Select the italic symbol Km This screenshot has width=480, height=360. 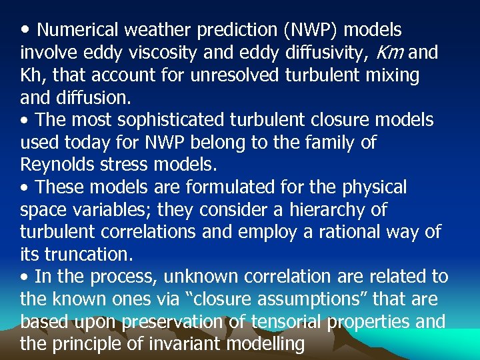pyautogui.click(x=391, y=53)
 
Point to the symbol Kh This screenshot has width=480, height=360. pyautogui.click(x=33, y=75)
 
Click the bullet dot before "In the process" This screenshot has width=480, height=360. pyautogui.click(x=24, y=277)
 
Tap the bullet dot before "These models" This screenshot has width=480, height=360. pyautogui.click(x=24, y=187)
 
